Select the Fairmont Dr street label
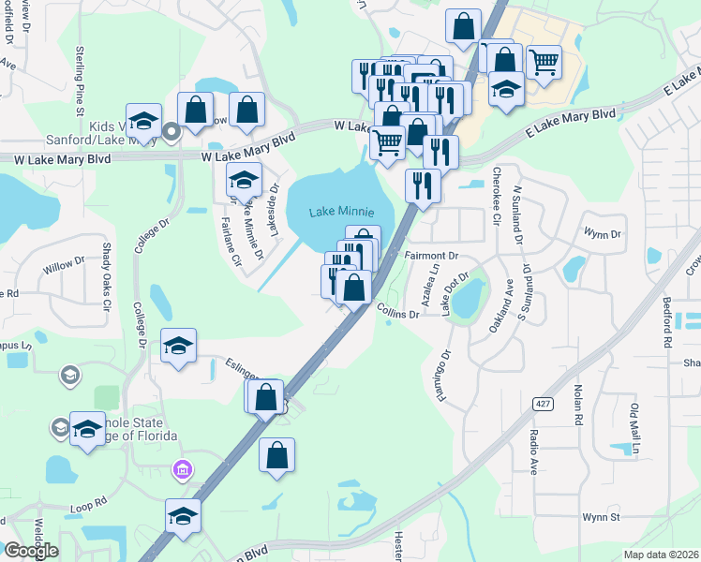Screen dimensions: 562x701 pyautogui.click(x=431, y=255)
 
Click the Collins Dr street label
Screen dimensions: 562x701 pyautogui.click(x=398, y=311)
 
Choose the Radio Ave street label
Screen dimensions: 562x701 pyautogui.click(x=533, y=451)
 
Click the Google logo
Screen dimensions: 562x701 pyautogui.click(x=31, y=551)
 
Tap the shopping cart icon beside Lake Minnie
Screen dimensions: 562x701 pyautogui.click(x=387, y=143)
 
